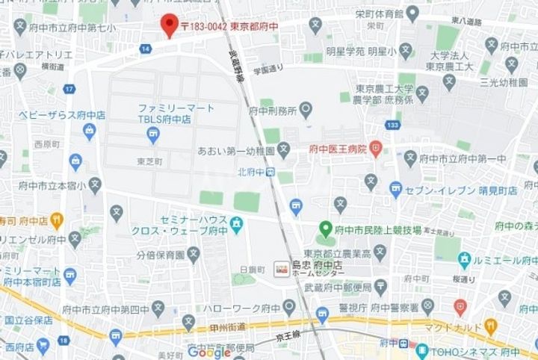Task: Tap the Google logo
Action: click(x=208, y=351)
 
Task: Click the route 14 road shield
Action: click(x=145, y=48)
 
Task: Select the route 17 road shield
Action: click(x=69, y=90)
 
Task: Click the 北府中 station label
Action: click(x=250, y=172)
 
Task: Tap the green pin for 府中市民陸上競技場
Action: click(x=325, y=229)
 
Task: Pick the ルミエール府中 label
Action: click(x=504, y=259)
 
